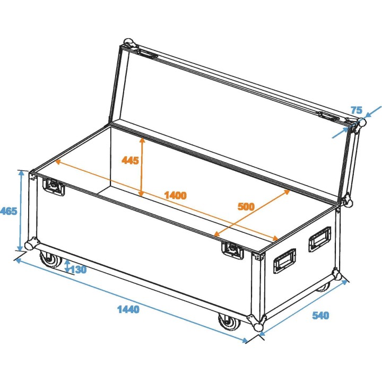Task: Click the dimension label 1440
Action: [x=128, y=309]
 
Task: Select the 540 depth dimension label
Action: [x=320, y=316]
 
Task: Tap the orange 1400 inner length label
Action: [x=175, y=195]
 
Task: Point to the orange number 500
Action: [x=246, y=207]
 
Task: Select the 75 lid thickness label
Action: [x=356, y=110]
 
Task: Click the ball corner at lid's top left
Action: [x=127, y=43]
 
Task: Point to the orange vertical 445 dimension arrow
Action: [x=141, y=167]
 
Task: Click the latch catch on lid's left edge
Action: [x=146, y=54]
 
